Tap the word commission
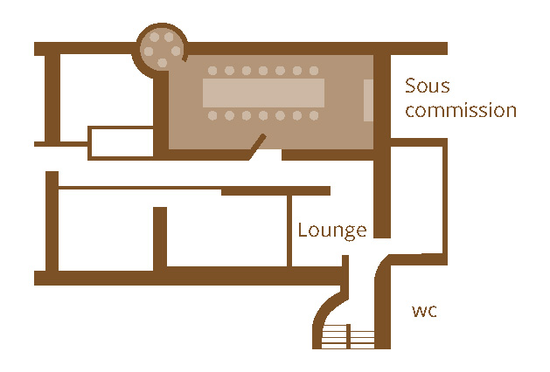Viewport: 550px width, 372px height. click(x=461, y=112)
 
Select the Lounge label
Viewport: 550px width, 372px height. click(x=331, y=231)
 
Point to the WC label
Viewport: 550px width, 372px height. click(x=424, y=312)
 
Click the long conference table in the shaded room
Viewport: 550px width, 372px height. click(x=263, y=92)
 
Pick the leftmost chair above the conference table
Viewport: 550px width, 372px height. click(x=212, y=71)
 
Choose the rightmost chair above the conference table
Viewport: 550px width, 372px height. click(x=314, y=71)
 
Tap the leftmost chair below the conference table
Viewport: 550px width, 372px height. click(x=212, y=114)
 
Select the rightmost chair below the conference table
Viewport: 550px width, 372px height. click(x=314, y=114)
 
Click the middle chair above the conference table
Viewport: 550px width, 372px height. click(x=263, y=71)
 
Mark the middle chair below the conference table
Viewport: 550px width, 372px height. click(x=263, y=114)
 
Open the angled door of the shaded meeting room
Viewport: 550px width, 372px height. click(x=255, y=148)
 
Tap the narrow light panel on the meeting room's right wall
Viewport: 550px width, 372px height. click(x=368, y=99)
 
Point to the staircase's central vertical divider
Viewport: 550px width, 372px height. click(x=349, y=336)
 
